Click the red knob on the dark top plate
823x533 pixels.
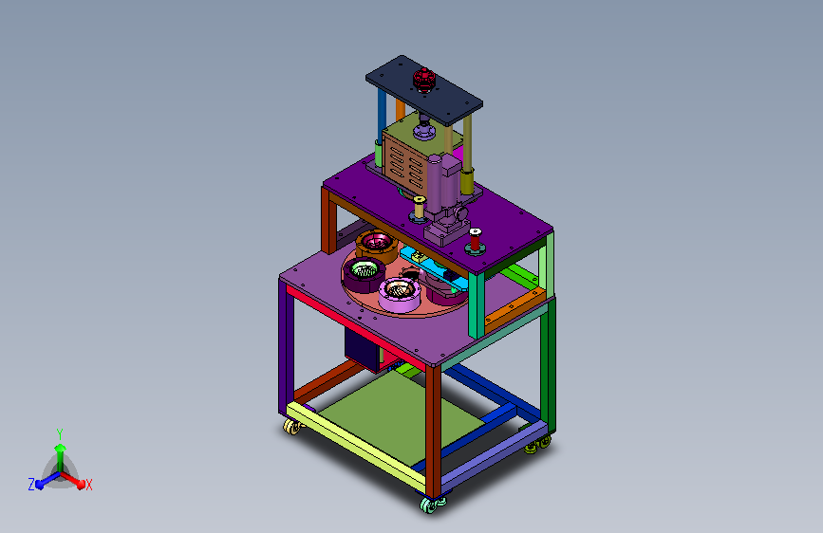(423, 80)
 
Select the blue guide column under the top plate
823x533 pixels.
(382, 117)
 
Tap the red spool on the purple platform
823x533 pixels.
(475, 240)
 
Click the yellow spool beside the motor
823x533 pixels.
(419, 207)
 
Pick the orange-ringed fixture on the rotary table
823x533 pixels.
(377, 246)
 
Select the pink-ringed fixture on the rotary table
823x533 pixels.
(399, 294)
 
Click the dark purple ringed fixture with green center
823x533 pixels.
(364, 274)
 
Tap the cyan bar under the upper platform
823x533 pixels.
(434, 268)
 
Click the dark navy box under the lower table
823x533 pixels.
(362, 347)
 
